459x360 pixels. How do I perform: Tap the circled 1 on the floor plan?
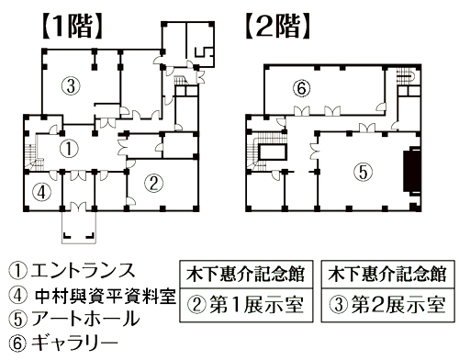pyautogui.click(x=68, y=146)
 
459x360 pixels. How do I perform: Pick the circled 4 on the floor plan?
pyautogui.click(x=40, y=192)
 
